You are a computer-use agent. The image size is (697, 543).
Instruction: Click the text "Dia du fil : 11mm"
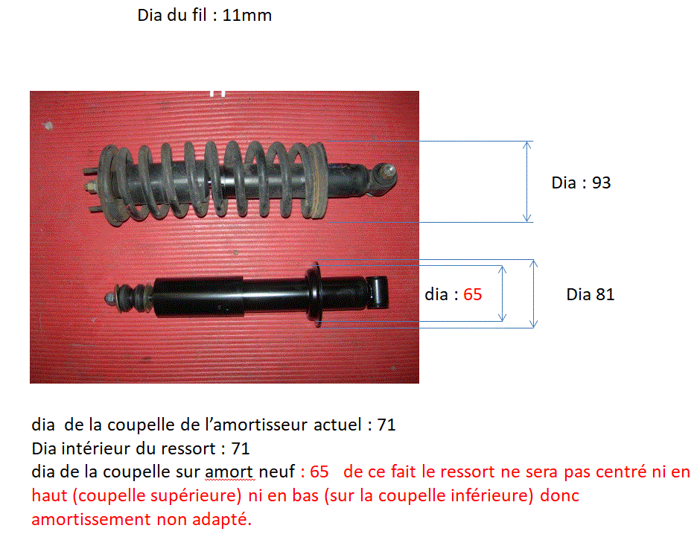tap(205, 16)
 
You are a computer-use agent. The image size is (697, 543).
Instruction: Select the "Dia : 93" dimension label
tap(581, 182)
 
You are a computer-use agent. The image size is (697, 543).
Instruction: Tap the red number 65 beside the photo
tap(473, 294)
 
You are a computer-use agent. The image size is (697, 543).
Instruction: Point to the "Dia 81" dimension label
tap(591, 294)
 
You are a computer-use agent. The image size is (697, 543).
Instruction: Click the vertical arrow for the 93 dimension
tap(527, 182)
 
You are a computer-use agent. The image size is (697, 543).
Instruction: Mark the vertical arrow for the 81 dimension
tap(534, 294)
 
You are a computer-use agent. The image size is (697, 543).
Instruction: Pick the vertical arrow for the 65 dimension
tap(503, 293)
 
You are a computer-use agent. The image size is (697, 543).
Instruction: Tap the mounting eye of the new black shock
tap(378, 292)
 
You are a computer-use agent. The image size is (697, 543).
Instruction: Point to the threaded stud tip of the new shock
tap(109, 297)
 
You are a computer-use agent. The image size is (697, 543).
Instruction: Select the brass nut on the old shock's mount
tap(91, 186)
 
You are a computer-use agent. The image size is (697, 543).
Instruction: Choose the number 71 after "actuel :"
tap(386, 425)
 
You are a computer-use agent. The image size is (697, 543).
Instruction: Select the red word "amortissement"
tap(91, 519)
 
